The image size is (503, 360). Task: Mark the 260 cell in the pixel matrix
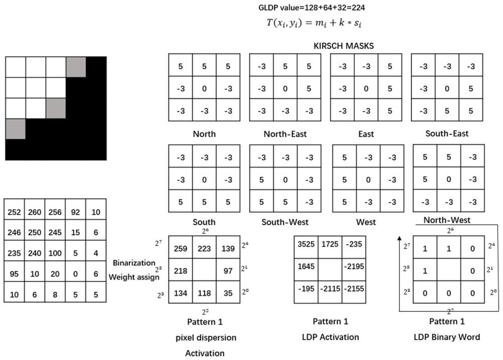(34, 212)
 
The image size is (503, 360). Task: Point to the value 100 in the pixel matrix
(55, 254)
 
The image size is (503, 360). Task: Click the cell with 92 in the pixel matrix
(75, 212)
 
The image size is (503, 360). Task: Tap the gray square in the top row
(76, 66)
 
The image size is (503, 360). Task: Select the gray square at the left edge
(16, 128)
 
